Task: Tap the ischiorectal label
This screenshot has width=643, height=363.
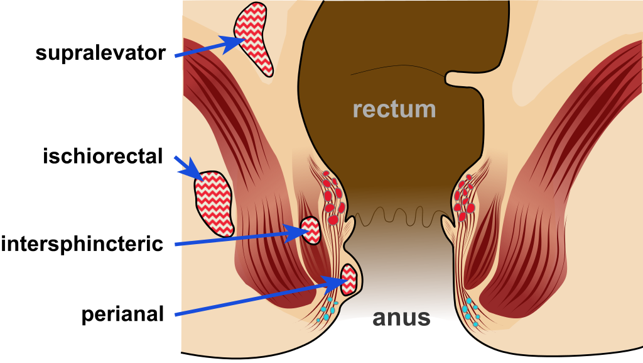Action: pos(103,156)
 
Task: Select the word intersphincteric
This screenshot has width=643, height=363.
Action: pos(82,243)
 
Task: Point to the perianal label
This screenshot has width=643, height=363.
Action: pos(122,314)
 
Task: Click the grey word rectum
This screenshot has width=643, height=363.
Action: pos(394,109)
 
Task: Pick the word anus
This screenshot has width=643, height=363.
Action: pos(402,318)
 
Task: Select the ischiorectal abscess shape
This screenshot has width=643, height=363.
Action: pos(213,202)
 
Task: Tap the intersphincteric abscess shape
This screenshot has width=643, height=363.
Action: pos(311,230)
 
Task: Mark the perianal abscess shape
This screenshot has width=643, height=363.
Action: pos(349,280)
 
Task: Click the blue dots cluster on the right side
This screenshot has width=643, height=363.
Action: pos(471,313)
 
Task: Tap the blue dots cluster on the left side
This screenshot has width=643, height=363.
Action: pos(327,311)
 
